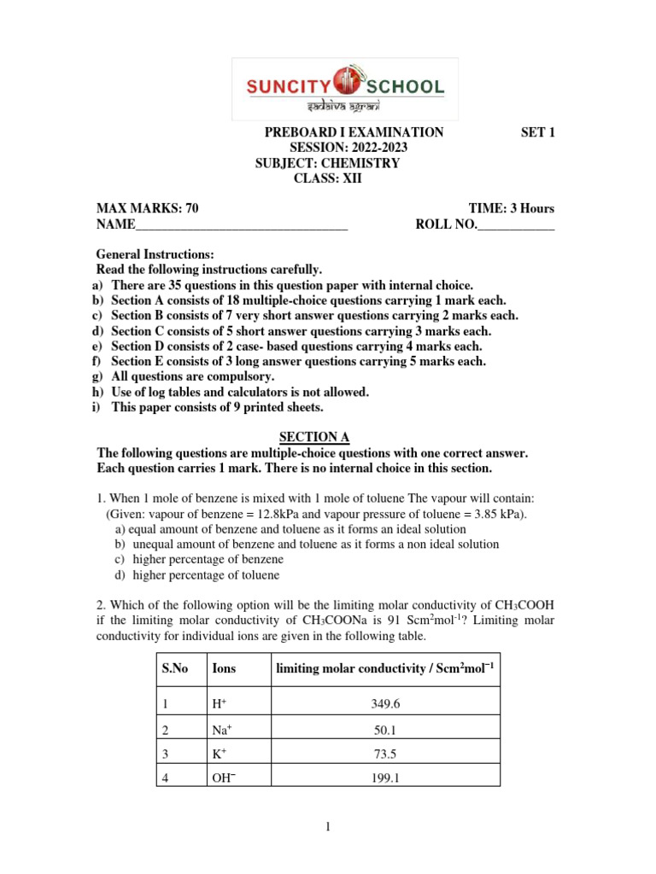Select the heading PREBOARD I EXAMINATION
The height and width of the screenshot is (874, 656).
[354, 132]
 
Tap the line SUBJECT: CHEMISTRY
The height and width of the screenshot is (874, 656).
[327, 163]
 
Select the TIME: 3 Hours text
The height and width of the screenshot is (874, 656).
[511, 209]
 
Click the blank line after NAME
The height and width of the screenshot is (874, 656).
[242, 225]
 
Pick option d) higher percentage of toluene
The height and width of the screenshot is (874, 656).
[198, 575]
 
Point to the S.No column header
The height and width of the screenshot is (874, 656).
[175, 669]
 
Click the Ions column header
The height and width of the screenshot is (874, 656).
[224, 669]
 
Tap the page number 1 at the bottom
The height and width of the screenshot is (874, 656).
[327, 826]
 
